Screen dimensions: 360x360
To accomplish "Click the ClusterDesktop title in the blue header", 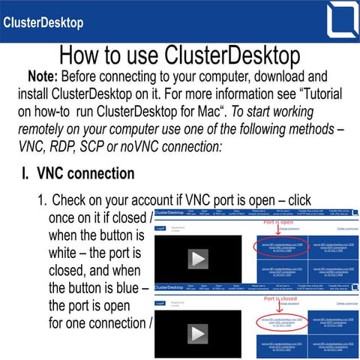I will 43,22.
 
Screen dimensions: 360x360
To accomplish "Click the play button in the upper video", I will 198,259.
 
